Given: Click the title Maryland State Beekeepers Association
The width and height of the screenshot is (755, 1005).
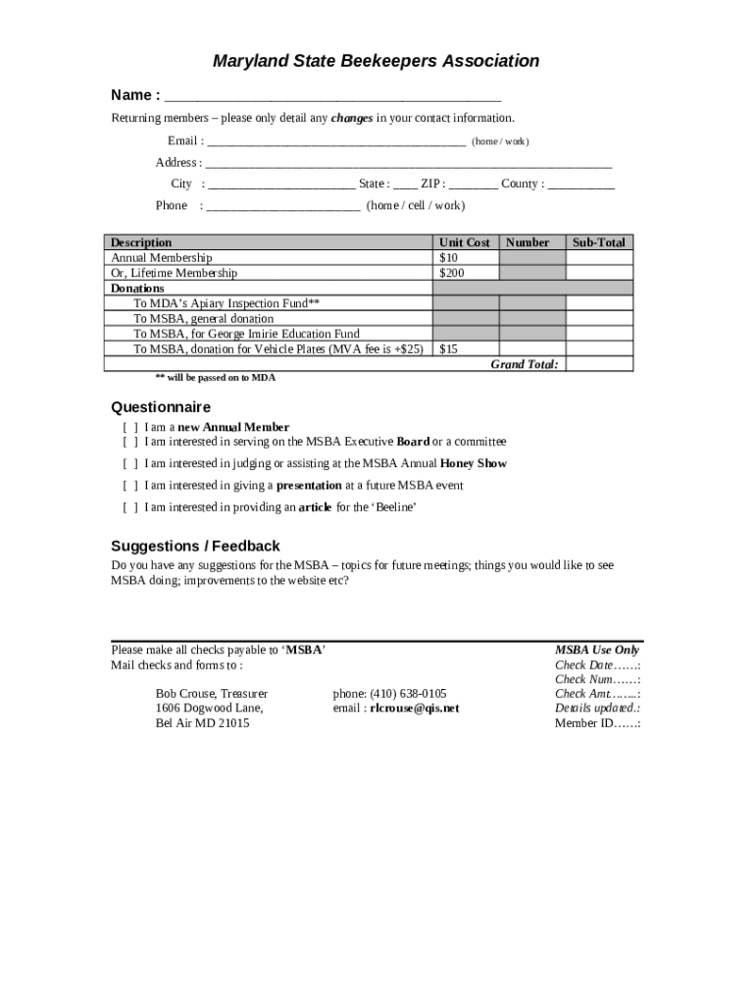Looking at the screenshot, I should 377,61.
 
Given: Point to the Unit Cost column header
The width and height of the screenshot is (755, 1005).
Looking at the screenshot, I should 465,242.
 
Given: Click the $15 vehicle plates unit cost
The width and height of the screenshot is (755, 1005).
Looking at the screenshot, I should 449,348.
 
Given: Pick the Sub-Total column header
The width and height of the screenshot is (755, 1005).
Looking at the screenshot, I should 599,242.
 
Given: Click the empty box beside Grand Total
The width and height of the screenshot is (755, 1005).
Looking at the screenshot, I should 599,364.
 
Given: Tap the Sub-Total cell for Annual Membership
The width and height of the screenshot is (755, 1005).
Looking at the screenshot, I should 599,258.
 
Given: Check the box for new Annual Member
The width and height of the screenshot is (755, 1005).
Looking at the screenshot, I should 129,428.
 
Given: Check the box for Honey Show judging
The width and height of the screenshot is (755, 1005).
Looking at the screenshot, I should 129,464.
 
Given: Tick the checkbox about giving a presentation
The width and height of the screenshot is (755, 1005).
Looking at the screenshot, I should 129,486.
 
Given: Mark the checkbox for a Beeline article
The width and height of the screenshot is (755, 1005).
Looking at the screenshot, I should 129,508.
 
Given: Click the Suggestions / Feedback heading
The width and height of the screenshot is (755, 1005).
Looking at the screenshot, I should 195,546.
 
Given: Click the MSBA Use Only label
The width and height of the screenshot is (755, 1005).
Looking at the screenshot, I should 597,650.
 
